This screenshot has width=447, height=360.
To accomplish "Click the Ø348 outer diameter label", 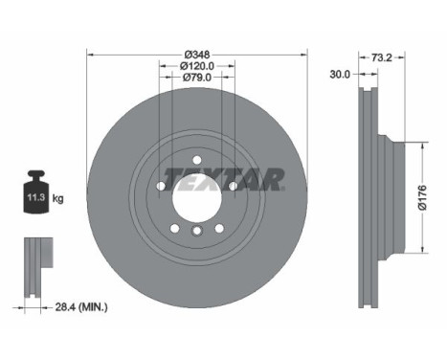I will [x=196, y=53].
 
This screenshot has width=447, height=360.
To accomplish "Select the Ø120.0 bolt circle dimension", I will [x=196, y=65].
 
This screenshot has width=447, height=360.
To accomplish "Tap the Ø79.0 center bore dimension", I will [x=196, y=78].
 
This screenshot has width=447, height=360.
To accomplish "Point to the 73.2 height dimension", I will [x=382, y=58].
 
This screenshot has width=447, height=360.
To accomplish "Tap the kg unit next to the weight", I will [x=57, y=199].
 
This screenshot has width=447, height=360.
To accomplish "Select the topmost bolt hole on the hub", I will [x=196, y=160].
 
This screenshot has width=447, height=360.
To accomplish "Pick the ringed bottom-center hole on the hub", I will [x=196, y=231].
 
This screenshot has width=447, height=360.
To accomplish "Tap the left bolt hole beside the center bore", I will [x=162, y=186].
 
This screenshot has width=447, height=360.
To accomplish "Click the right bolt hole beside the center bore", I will [x=231, y=186].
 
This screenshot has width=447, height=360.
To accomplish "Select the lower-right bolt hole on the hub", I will [x=218, y=226].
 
